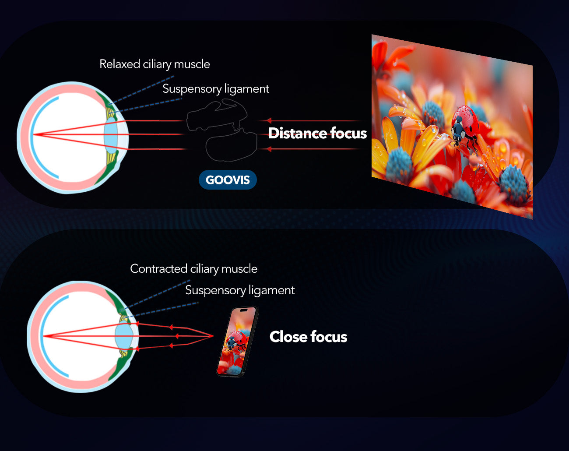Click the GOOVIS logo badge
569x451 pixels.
[x=228, y=180]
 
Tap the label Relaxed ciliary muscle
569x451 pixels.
[x=155, y=64]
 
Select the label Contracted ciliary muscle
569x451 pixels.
[x=193, y=269]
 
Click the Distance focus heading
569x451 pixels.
[x=317, y=133]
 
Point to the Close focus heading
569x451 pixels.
[x=308, y=337]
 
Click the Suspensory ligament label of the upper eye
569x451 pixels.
[x=216, y=89]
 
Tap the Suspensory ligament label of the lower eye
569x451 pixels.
[x=240, y=290]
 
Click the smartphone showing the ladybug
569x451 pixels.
[x=237, y=342]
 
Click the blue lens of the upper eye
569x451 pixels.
[x=111, y=135]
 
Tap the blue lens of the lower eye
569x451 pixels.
[x=124, y=336]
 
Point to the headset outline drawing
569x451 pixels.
[x=221, y=130]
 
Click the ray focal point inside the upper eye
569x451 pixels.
[x=34, y=134]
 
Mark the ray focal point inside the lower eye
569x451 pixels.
[x=44, y=336]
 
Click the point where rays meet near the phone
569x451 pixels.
[x=213, y=336]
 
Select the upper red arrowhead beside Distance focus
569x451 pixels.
[x=269, y=120]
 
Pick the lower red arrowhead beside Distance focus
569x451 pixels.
[x=269, y=149]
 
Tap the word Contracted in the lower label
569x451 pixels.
[x=158, y=269]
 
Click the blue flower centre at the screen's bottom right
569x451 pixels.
[x=514, y=185]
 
